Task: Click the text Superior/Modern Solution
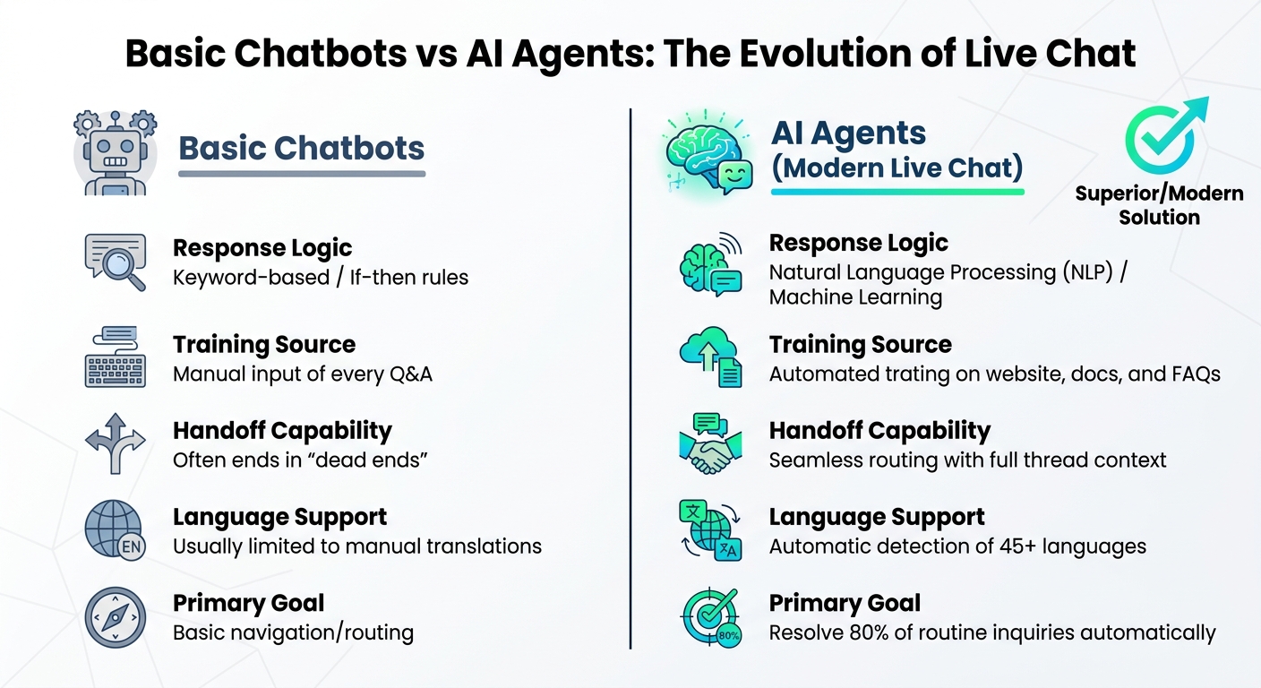pyautogui.click(x=1159, y=205)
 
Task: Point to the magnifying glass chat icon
pyautogui.click(x=115, y=262)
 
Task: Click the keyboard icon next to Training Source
pyautogui.click(x=115, y=357)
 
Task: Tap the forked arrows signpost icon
pyautogui.click(x=115, y=443)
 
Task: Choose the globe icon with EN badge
pyautogui.click(x=115, y=529)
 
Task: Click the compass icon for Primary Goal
pyautogui.click(x=115, y=617)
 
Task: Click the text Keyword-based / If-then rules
pyautogui.click(x=321, y=278)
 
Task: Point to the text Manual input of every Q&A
pyautogui.click(x=303, y=374)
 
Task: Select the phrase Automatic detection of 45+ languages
pyautogui.click(x=957, y=546)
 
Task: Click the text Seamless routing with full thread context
pyautogui.click(x=967, y=460)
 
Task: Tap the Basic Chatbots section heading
pyautogui.click(x=302, y=148)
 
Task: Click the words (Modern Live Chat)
pyautogui.click(x=897, y=168)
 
